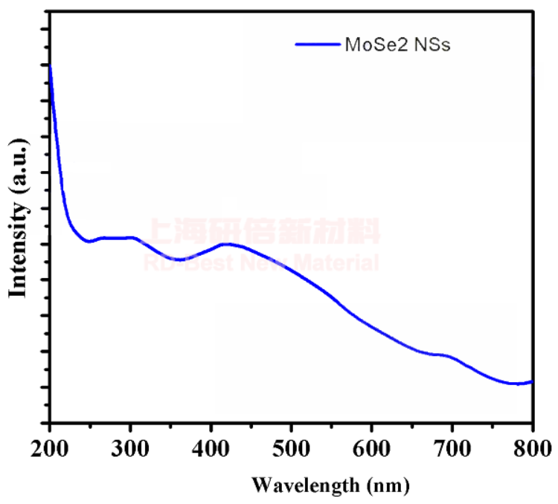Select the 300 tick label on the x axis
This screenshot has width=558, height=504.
[130, 449]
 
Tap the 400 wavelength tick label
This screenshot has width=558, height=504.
[211, 449]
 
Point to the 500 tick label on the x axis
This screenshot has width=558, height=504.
[292, 449]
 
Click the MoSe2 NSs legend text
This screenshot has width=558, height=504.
[398, 45]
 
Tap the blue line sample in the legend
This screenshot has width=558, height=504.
[317, 45]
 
